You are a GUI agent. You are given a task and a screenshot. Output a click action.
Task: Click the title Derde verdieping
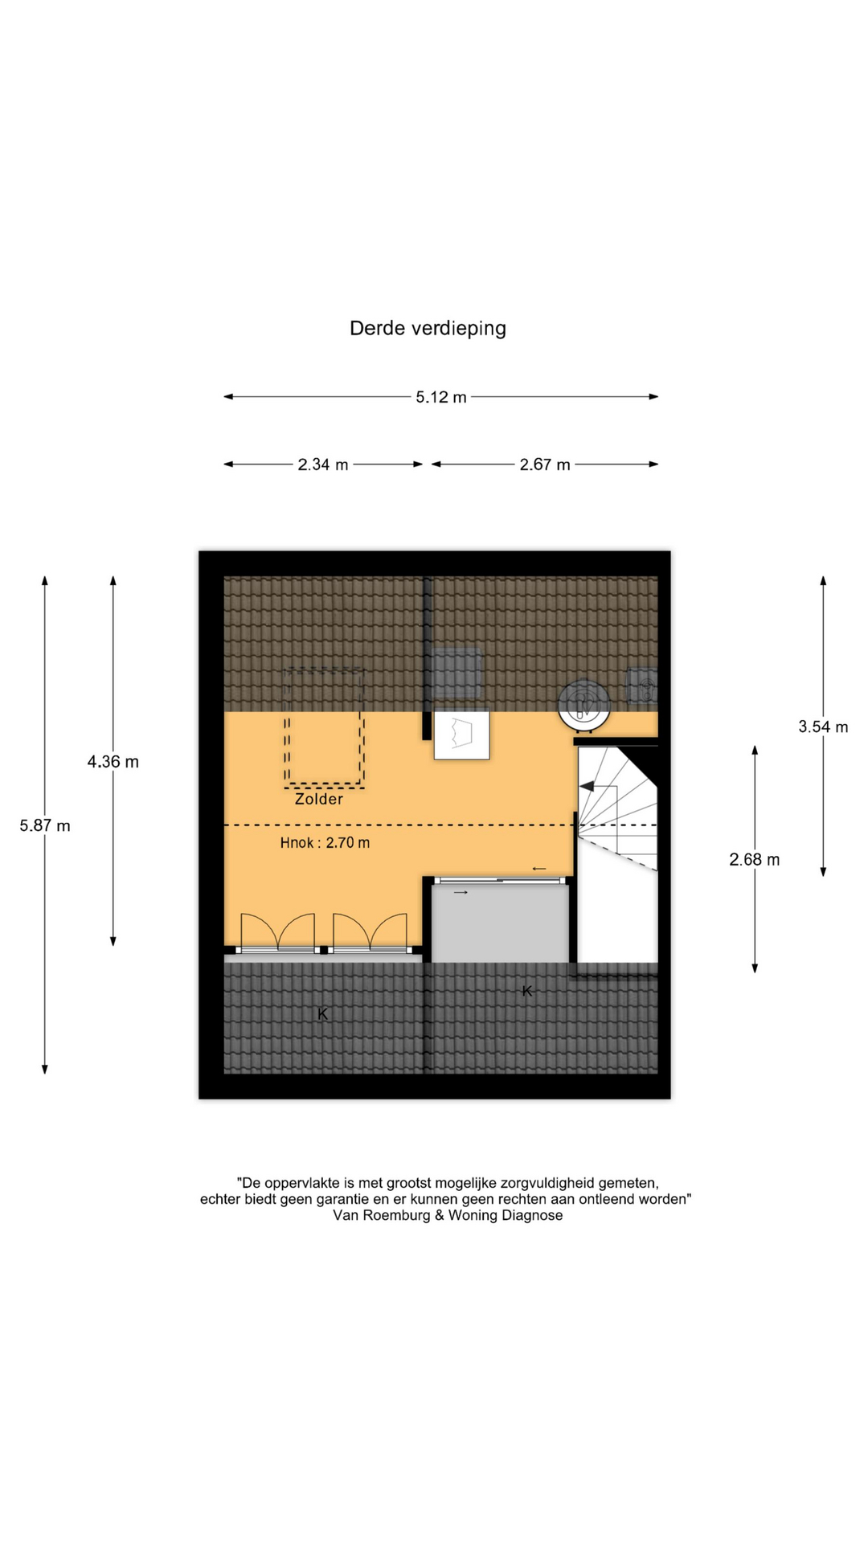[x=428, y=329]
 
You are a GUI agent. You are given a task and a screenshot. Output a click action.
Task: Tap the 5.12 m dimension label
[x=441, y=397]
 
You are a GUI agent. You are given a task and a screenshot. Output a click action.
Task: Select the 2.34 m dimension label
[x=323, y=465]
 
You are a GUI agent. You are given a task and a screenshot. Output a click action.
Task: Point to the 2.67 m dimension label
[x=545, y=465]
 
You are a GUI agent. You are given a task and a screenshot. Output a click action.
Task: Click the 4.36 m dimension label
[x=113, y=762]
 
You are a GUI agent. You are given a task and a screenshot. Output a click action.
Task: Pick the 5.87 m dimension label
[x=45, y=825]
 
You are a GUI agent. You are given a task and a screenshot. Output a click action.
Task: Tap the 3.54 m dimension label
[x=823, y=727]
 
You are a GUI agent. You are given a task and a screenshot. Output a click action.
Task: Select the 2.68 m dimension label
[x=755, y=860]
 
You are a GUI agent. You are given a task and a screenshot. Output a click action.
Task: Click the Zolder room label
[x=319, y=800]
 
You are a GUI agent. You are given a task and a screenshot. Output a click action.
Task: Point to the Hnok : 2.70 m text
[x=325, y=843]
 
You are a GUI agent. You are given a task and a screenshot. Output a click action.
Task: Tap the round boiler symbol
[x=584, y=706]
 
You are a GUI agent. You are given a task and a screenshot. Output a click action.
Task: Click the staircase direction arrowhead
[x=587, y=786]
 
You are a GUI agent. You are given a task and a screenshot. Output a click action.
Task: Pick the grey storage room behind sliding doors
[x=500, y=923]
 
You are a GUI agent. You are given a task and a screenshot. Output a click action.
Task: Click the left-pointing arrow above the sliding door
[x=539, y=869]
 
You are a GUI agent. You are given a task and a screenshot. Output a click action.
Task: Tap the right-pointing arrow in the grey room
[x=461, y=893]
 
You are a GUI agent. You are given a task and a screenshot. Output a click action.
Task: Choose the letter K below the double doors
[x=322, y=1014]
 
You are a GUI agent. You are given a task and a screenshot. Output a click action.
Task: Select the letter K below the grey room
[x=527, y=992]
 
